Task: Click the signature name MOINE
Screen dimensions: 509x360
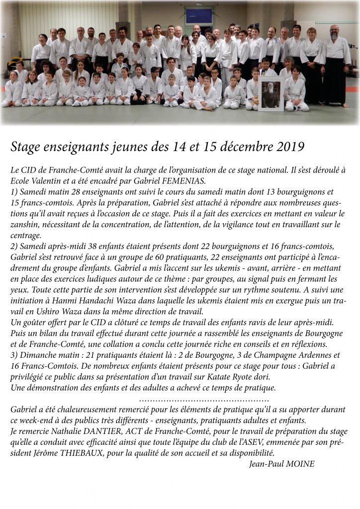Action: (300, 464)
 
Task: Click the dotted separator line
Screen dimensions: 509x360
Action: (204, 399)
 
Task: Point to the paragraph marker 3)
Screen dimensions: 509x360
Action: (14, 355)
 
